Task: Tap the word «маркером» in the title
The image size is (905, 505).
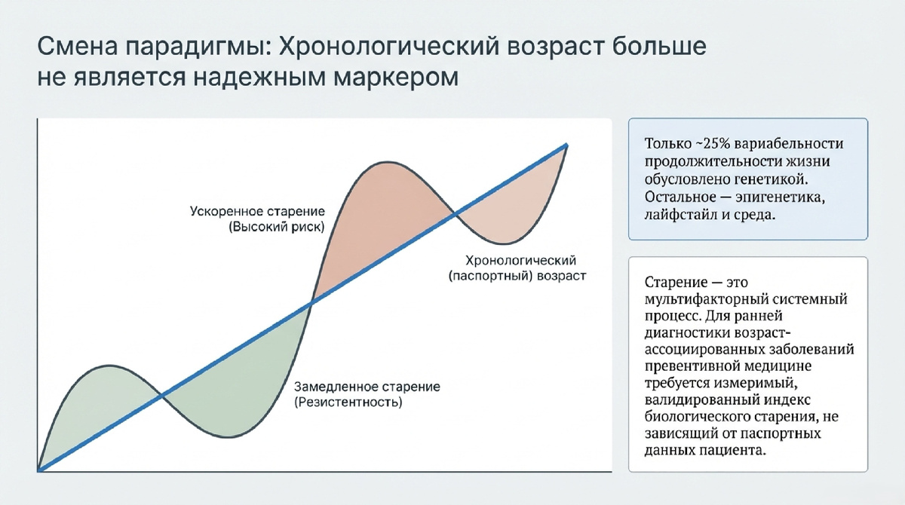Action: [397, 78]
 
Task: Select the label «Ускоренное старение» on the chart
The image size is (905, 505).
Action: [257, 211]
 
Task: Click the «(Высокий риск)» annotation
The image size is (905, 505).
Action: [277, 227]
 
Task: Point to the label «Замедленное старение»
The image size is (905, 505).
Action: [367, 387]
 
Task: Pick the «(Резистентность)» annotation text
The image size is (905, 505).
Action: [348, 402]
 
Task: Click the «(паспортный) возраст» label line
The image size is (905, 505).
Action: [517, 276]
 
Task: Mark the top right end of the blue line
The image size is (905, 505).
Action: [567, 145]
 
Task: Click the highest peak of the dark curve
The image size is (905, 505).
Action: [387, 162]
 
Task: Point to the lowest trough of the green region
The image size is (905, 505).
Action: [229, 436]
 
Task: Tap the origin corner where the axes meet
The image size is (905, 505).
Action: [38, 470]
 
